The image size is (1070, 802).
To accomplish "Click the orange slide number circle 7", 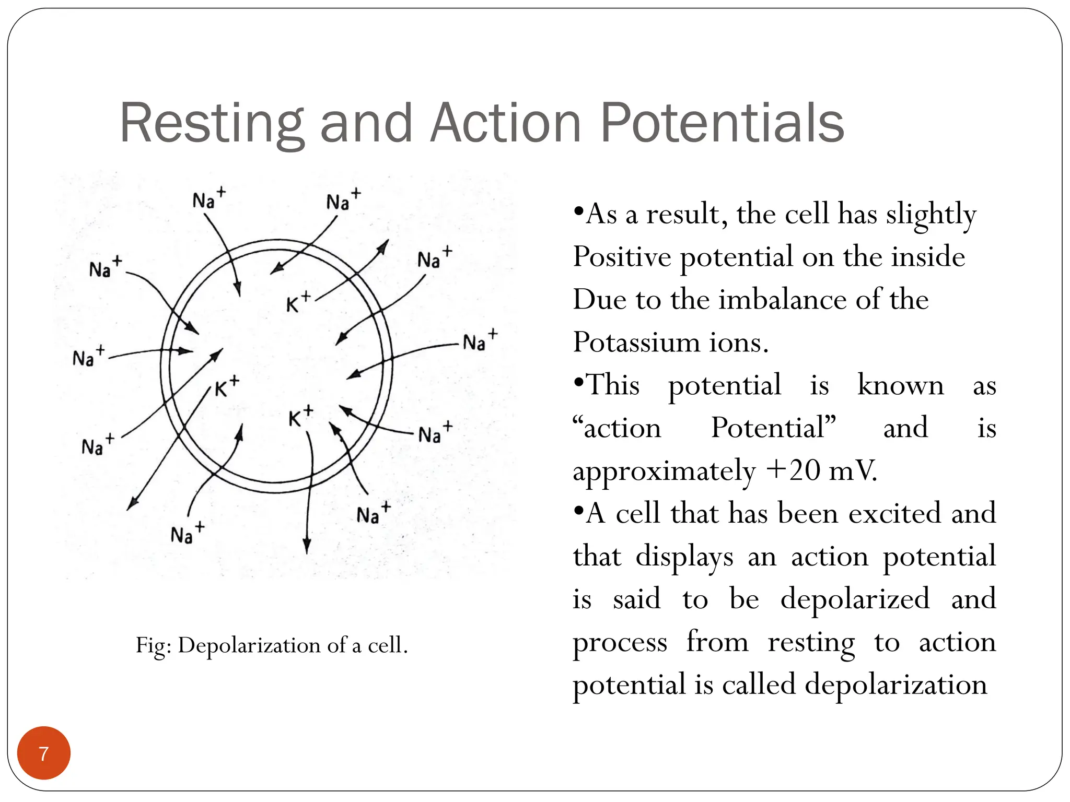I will coord(44,753).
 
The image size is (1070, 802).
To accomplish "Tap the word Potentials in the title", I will coord(722,123).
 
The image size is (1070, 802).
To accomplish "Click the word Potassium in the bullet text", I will coord(635,343).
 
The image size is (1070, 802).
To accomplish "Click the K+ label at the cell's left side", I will coord(227,386).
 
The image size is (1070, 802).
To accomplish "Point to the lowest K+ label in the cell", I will coord(301,416).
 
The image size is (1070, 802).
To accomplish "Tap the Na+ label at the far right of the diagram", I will coord(480,340).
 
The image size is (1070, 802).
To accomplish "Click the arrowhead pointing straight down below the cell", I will coord(307,546).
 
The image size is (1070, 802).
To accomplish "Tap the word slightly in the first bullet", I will coord(931,215).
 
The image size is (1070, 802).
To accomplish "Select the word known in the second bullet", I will coord(900,385).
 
